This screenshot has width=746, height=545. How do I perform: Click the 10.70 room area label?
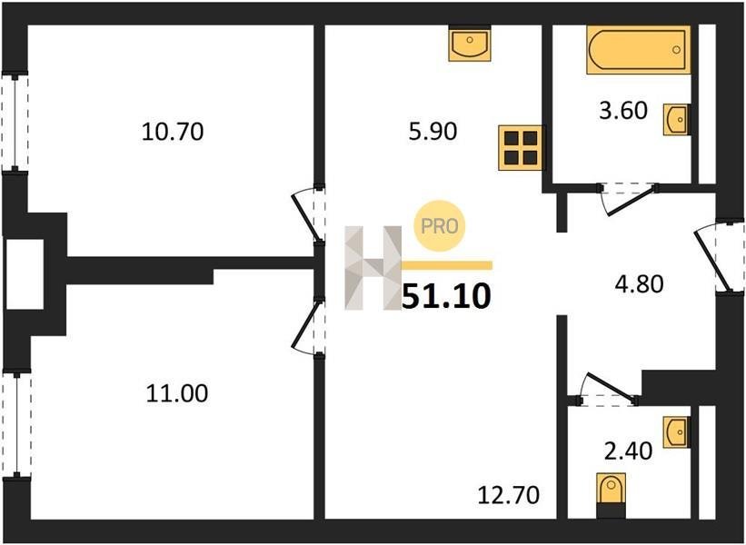(173, 132)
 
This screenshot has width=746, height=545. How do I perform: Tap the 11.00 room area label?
(176, 394)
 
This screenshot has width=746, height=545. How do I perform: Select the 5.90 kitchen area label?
(433, 132)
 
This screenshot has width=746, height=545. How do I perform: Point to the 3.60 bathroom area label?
(623, 110)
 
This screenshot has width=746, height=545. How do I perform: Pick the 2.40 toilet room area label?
(628, 451)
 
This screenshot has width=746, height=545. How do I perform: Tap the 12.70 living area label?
(509, 495)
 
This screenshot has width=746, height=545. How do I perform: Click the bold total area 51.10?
(446, 296)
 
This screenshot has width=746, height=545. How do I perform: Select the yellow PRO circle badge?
(439, 226)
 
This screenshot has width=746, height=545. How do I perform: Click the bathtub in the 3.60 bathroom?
(639, 49)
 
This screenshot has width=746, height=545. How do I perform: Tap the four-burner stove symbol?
(520, 147)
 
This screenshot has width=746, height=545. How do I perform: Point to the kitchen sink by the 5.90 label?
(470, 43)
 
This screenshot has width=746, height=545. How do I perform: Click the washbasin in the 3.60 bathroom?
(677, 120)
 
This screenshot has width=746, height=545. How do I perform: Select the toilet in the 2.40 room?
(611, 495)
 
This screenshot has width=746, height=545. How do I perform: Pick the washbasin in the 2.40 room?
(677, 431)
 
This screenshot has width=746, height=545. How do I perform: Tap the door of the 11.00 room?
(308, 327)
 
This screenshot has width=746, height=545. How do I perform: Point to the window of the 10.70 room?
(15, 122)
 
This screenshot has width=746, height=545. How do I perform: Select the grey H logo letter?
(373, 268)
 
